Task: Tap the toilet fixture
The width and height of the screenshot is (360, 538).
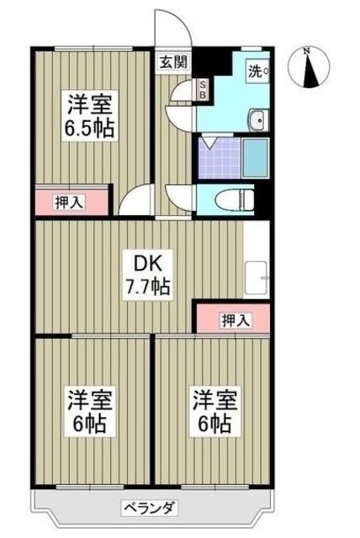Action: coord(235,199)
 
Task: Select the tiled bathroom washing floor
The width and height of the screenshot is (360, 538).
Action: coord(215,155)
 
